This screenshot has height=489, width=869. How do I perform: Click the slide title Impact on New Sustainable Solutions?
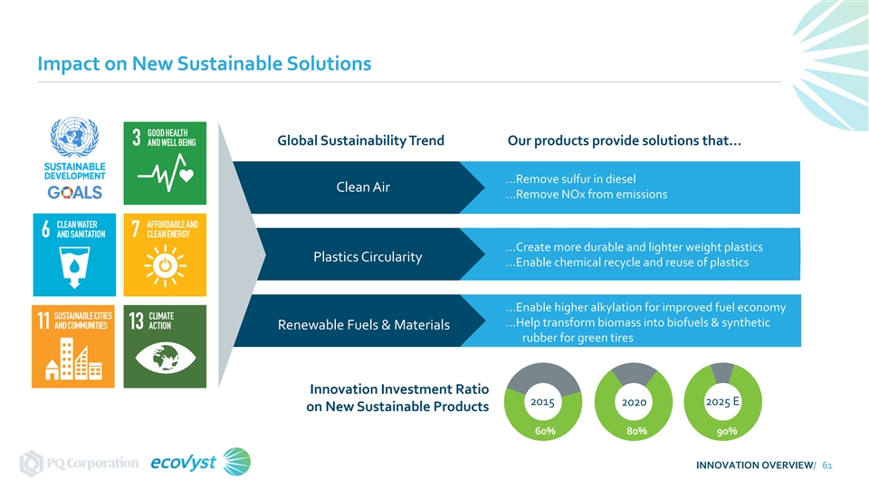205,64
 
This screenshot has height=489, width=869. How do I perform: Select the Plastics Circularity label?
368,256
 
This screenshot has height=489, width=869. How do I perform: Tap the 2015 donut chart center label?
542,400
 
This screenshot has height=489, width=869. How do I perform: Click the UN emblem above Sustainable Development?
74,142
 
